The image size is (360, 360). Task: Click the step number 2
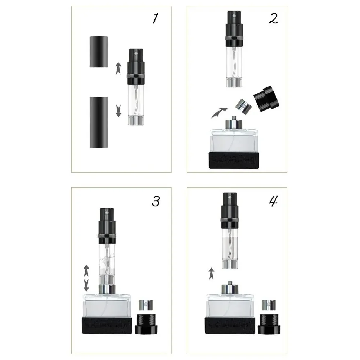[274, 18]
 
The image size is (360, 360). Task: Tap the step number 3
[156, 202]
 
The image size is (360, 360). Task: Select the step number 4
[273, 202]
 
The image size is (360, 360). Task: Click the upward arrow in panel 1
[118, 68]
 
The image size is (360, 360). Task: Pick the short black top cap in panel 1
[99, 51]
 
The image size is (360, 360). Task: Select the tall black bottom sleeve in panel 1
[99, 122]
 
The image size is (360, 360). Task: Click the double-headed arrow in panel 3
[86, 278]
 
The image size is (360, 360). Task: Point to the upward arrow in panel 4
[212, 273]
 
